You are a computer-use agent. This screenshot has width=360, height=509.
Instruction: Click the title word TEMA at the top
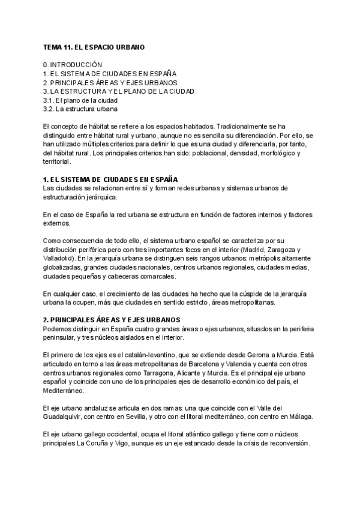(52, 47)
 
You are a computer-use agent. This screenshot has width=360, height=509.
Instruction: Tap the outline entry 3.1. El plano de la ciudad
(80, 101)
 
